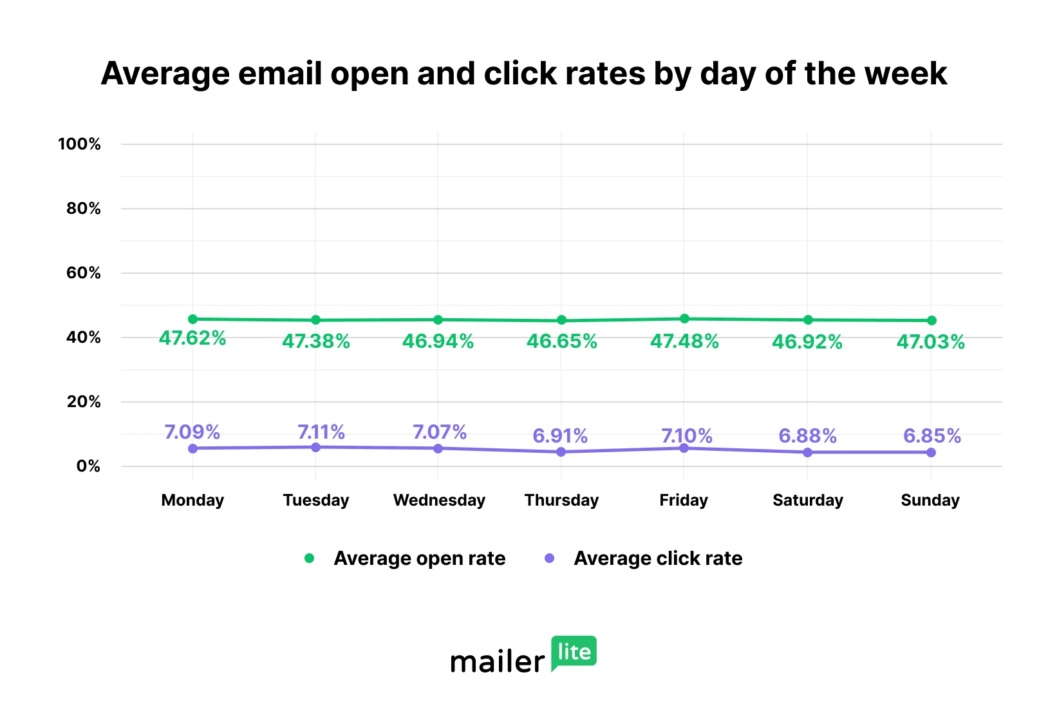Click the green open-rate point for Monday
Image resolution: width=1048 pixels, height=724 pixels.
pyautogui.click(x=192, y=319)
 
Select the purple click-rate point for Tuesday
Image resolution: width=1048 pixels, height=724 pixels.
pyautogui.click(x=315, y=447)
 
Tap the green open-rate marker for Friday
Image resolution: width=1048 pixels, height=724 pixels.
pyautogui.click(x=684, y=319)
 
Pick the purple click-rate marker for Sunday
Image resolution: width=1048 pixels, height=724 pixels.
pyautogui.click(x=931, y=452)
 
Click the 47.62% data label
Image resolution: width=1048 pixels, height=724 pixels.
pyautogui.click(x=192, y=338)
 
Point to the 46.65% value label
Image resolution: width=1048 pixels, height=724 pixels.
pyautogui.click(x=561, y=341)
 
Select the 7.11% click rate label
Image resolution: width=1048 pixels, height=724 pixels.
pyautogui.click(x=321, y=432)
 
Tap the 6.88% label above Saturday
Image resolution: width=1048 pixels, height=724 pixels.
pyautogui.click(x=807, y=436)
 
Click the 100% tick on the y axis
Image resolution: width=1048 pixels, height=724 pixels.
pyautogui.click(x=79, y=144)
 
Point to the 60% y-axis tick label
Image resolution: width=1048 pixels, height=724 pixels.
pyautogui.click(x=83, y=272)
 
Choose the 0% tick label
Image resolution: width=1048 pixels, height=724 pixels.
pyautogui.click(x=88, y=466)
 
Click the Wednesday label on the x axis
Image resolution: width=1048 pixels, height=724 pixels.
pyautogui.click(x=439, y=500)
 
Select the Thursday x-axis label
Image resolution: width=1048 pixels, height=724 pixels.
pyautogui.click(x=561, y=500)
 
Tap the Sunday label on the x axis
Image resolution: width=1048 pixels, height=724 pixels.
pyautogui.click(x=930, y=500)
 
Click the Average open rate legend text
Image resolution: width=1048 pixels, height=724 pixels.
pyautogui.click(x=419, y=558)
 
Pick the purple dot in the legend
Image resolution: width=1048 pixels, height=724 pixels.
pyautogui.click(x=549, y=558)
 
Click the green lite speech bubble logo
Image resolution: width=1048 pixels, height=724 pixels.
pyautogui.click(x=574, y=652)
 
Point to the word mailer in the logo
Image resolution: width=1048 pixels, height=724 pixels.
pyautogui.click(x=497, y=662)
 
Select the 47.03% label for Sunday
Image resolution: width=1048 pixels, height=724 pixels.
pyautogui.click(x=930, y=342)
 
